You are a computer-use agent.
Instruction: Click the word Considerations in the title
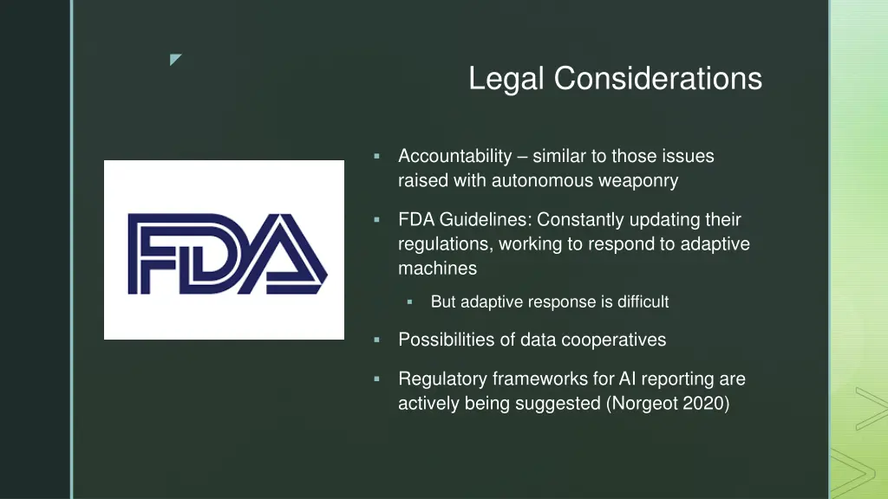(x=658, y=79)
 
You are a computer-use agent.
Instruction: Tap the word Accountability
(x=455, y=157)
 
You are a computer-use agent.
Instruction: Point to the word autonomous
(x=545, y=181)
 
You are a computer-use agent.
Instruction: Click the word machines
(x=437, y=269)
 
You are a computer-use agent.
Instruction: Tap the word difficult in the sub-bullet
(x=643, y=302)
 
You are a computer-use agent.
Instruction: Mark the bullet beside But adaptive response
(x=410, y=302)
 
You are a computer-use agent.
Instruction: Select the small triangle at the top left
(x=175, y=60)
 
